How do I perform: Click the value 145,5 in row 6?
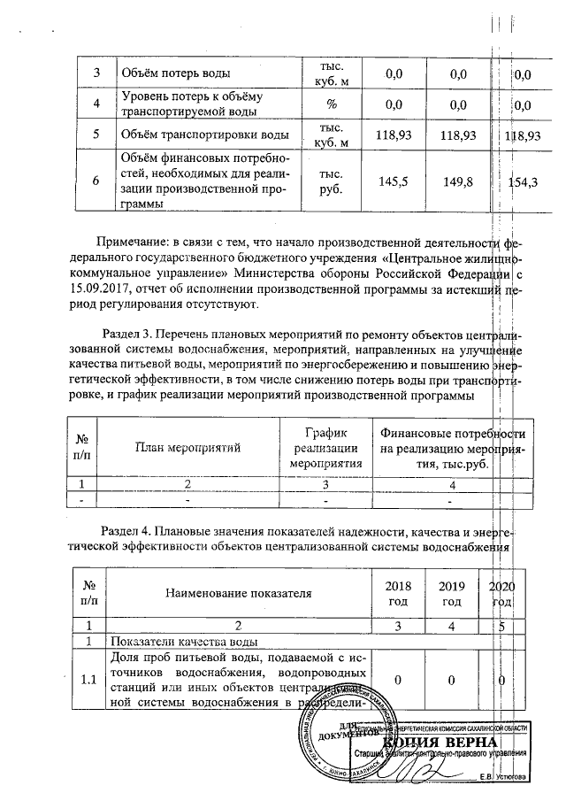click(x=392, y=181)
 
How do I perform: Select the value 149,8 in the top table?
click(x=457, y=181)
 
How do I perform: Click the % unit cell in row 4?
click(x=333, y=104)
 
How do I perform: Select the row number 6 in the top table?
click(x=96, y=181)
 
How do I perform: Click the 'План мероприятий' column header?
click(x=187, y=449)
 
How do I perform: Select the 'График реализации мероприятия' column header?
click(x=326, y=448)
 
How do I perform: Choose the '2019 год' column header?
click(x=451, y=593)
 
